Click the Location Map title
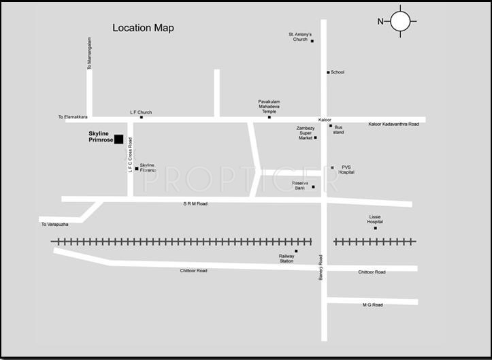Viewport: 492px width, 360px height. point(143,28)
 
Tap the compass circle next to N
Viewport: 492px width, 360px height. point(401,22)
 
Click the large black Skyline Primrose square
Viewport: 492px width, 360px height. point(118,139)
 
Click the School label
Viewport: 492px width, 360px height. point(338,72)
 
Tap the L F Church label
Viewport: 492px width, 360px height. point(141,112)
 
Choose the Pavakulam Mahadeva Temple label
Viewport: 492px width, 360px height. point(269,105)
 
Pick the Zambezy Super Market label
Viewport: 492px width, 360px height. point(305,132)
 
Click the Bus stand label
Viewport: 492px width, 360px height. point(339,129)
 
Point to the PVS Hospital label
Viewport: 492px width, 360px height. point(347,169)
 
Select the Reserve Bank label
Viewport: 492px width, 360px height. point(300,185)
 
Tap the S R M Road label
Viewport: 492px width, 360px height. point(194,203)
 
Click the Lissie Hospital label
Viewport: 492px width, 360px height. point(375,219)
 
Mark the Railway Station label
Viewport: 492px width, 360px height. point(286,259)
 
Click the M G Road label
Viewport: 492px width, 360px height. point(372,305)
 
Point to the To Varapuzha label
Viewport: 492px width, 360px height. point(54,225)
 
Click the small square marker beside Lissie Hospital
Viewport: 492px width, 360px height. point(375,228)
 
